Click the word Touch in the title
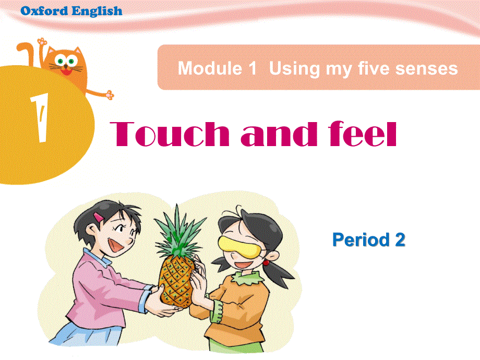(x=170, y=134)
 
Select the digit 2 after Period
(x=399, y=240)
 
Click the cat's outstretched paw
(x=109, y=94)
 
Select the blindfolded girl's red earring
(x=266, y=262)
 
